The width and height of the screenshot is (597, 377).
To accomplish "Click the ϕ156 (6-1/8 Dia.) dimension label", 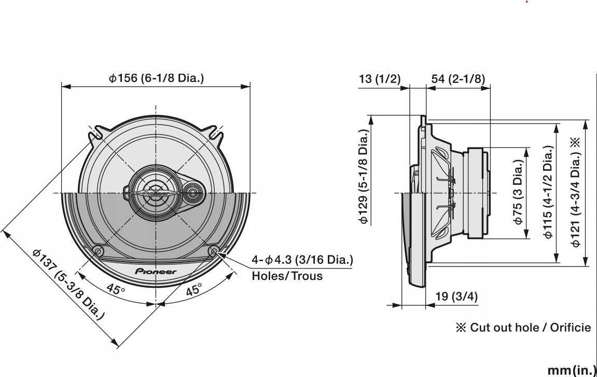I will [156, 78].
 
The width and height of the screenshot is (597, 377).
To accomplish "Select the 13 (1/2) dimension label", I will [380, 78].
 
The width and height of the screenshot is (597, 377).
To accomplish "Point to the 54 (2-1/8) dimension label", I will [458, 78].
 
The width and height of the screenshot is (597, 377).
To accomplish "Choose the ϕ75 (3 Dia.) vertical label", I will [518, 192].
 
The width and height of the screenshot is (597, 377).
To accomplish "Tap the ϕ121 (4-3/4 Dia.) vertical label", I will [575, 192].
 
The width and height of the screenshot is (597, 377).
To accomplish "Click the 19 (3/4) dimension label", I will [456, 297].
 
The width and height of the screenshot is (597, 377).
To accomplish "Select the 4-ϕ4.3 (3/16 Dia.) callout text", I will [302, 259].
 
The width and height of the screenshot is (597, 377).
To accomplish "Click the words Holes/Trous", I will [287, 276].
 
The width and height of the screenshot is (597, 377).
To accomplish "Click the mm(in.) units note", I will [571, 370].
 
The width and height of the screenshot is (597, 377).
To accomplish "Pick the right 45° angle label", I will [193, 290].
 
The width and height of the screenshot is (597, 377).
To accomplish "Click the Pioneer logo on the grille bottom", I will [156, 272].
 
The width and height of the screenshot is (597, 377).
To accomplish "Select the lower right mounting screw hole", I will [214, 251].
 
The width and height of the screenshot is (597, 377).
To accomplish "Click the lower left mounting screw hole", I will [98, 251].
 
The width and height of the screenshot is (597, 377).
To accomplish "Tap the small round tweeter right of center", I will [193, 193].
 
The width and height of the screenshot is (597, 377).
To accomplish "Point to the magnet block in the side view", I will [478, 193].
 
